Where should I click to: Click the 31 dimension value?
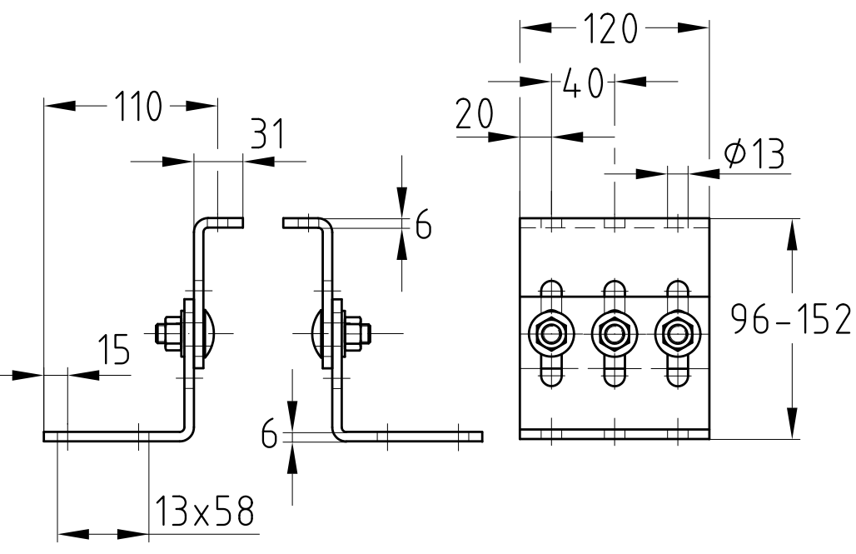[x=267, y=134]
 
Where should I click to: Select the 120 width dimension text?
[x=610, y=29]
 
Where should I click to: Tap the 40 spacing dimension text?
[x=583, y=83]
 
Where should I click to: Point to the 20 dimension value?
[x=475, y=113]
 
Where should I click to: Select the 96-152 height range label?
[x=791, y=320]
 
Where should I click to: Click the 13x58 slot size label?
[x=205, y=511]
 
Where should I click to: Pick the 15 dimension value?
[x=114, y=350]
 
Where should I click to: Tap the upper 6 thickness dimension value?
[x=423, y=224]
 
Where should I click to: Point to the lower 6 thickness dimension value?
[x=269, y=434]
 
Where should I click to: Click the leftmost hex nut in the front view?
[x=552, y=333]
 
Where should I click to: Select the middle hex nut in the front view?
[x=615, y=333]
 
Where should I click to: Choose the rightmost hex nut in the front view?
[x=678, y=333]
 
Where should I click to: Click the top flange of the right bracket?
[x=303, y=222]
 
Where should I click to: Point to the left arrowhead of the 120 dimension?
[x=535, y=27]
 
